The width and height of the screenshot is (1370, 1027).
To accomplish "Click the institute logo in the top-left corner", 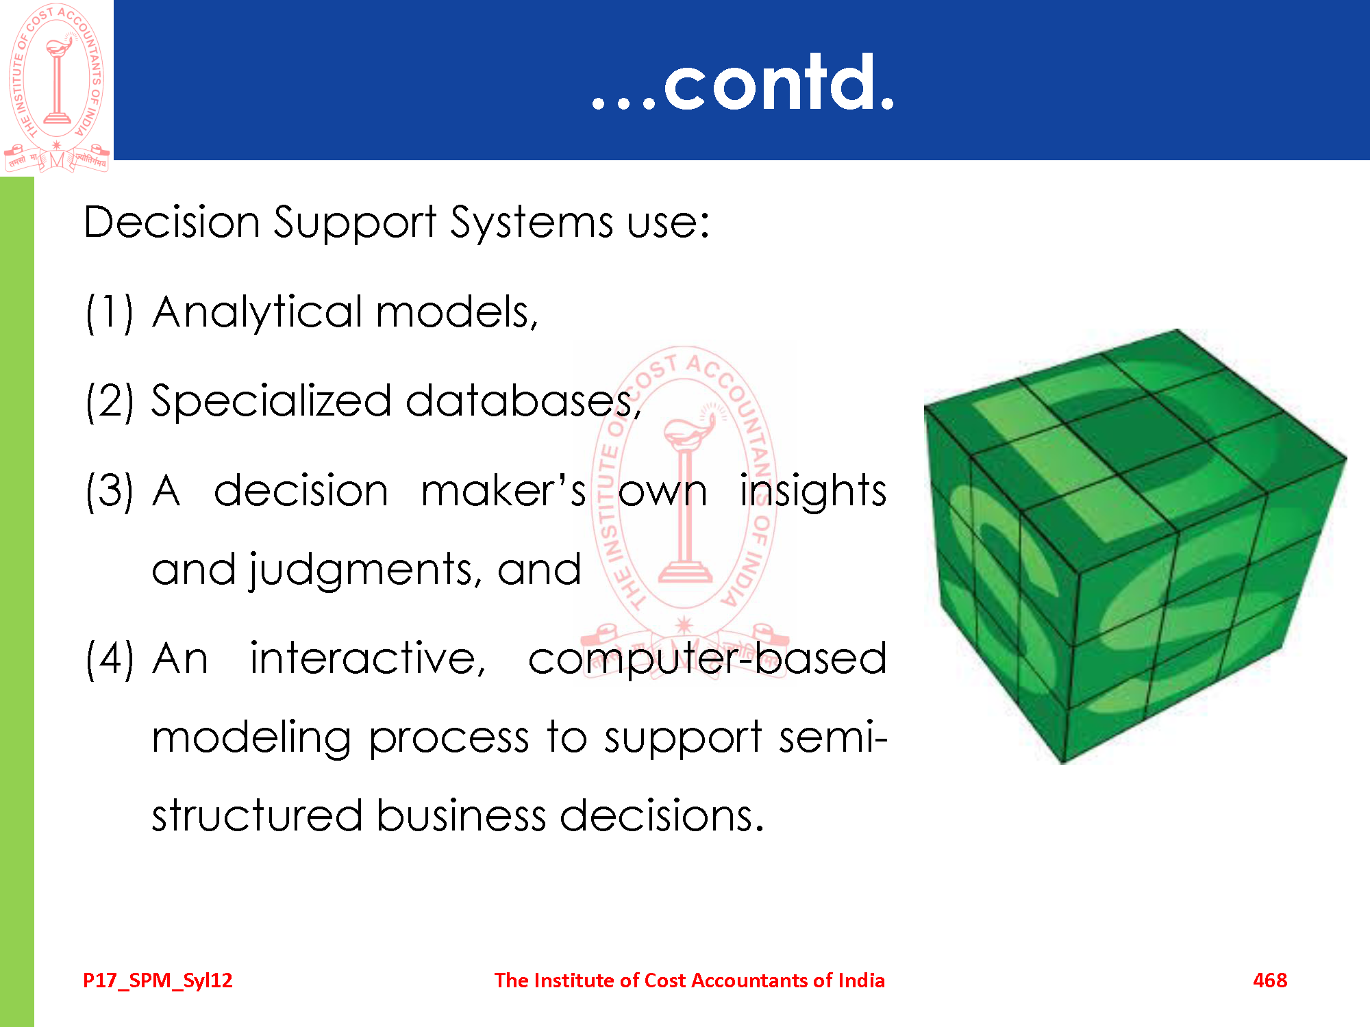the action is click(57, 88).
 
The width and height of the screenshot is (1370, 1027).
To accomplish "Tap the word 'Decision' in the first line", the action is click(172, 223).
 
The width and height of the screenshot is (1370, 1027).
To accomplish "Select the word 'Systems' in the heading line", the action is click(531, 223).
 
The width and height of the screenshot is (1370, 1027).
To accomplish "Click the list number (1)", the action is click(110, 312).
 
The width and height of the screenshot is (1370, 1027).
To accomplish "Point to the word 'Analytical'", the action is click(258, 314).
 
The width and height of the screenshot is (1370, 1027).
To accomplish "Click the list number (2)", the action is click(110, 401).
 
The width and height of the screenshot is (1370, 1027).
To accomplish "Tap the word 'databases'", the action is click(523, 401).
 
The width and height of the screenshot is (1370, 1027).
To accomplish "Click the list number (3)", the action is click(110, 491).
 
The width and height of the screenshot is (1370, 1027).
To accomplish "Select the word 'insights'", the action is click(813, 491).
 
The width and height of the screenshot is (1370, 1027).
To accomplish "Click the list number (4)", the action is click(110, 659).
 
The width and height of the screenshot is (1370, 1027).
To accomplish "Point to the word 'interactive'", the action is click(368, 659).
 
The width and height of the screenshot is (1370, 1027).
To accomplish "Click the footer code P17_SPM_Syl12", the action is click(158, 980).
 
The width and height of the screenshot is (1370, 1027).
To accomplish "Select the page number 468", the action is click(1270, 980).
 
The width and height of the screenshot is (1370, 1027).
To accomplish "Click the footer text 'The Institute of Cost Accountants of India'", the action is click(690, 980).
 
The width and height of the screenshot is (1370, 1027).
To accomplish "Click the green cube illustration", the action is click(1134, 546).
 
